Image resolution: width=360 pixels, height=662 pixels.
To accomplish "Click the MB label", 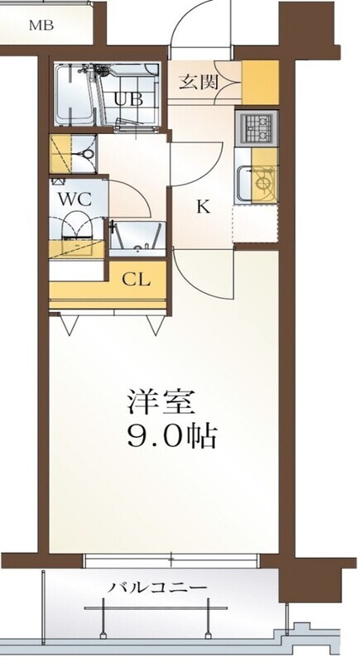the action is click(x=41, y=26).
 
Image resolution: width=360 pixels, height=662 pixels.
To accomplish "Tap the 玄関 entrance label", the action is click(x=199, y=81).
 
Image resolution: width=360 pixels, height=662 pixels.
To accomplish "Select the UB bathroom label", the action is click(x=129, y=99).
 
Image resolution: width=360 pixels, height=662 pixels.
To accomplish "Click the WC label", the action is click(x=74, y=199).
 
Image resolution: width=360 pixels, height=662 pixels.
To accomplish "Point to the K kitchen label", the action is click(x=204, y=207).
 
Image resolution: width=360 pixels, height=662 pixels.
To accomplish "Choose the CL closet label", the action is click(x=137, y=279).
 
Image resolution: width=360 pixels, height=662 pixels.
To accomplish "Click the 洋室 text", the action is click(x=161, y=402).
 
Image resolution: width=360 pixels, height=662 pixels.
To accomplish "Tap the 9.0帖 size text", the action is click(x=172, y=436).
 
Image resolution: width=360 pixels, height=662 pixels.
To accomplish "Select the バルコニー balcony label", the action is click(x=157, y=588).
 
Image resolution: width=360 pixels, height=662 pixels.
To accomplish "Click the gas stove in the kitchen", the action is click(x=257, y=128).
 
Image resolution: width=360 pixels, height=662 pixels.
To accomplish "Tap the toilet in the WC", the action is click(x=76, y=232).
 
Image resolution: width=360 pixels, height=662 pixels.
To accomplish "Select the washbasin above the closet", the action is click(x=137, y=238).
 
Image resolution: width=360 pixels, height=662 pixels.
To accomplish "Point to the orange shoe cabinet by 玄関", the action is click(x=260, y=83).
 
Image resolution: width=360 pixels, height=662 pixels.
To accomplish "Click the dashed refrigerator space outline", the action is click(x=256, y=224).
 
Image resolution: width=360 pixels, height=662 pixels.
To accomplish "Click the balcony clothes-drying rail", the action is click(x=156, y=608).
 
